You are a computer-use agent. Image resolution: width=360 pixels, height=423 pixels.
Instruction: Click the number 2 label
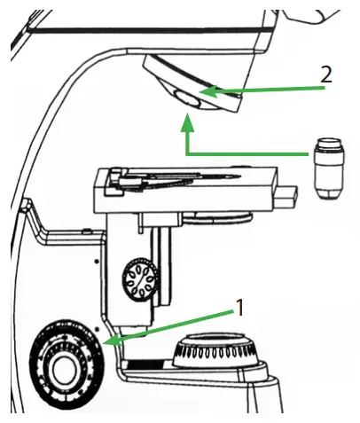click(326, 74)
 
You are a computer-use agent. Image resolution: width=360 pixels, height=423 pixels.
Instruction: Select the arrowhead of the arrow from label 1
click(107, 341)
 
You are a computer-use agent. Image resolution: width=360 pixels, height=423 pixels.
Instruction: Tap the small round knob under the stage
click(139, 283)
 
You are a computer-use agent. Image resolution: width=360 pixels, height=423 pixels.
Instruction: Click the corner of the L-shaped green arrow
click(187, 153)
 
